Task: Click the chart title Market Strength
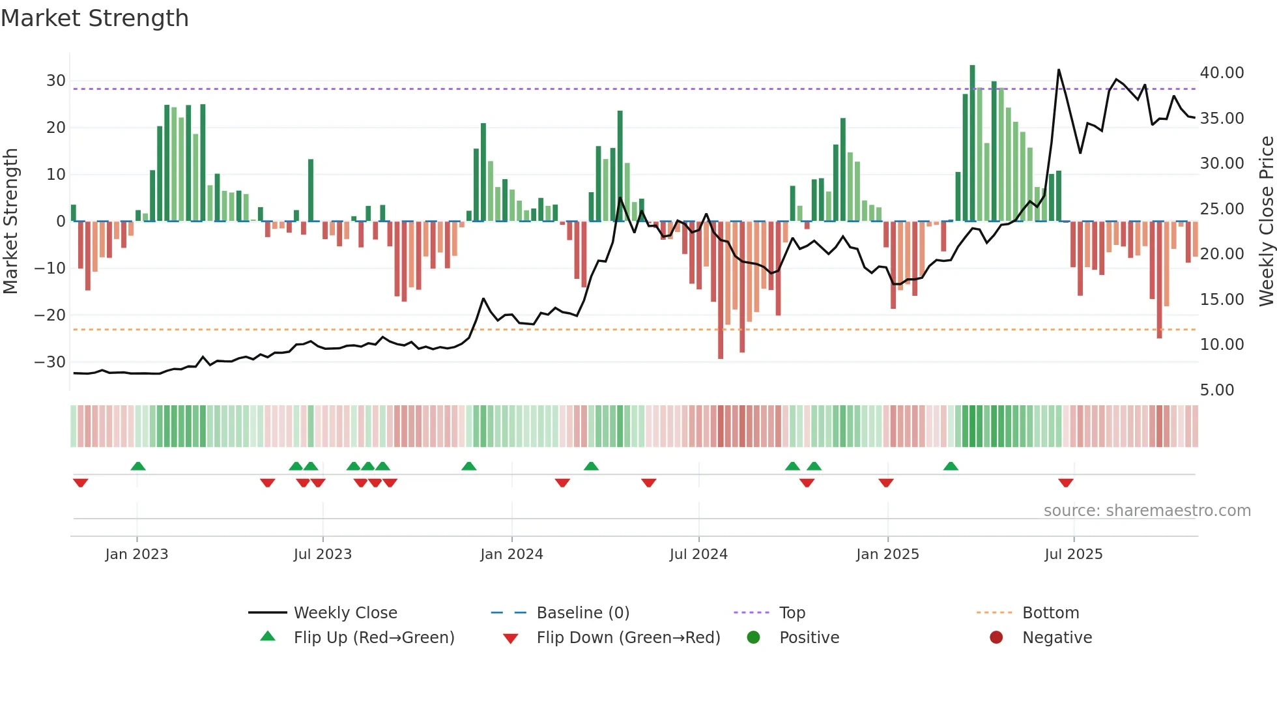click(x=94, y=18)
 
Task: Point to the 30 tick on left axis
click(x=56, y=81)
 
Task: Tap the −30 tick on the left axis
click(x=51, y=362)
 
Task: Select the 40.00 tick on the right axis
click(x=1222, y=73)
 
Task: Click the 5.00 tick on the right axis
click(x=1216, y=390)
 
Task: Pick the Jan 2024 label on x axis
click(x=511, y=554)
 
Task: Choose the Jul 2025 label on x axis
click(x=1073, y=554)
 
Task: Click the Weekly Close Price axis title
click(x=1266, y=222)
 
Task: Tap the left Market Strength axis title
click(x=10, y=222)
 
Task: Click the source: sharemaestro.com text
click(x=1147, y=511)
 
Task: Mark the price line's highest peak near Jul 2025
click(x=1059, y=70)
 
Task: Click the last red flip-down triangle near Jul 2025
click(x=1066, y=483)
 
